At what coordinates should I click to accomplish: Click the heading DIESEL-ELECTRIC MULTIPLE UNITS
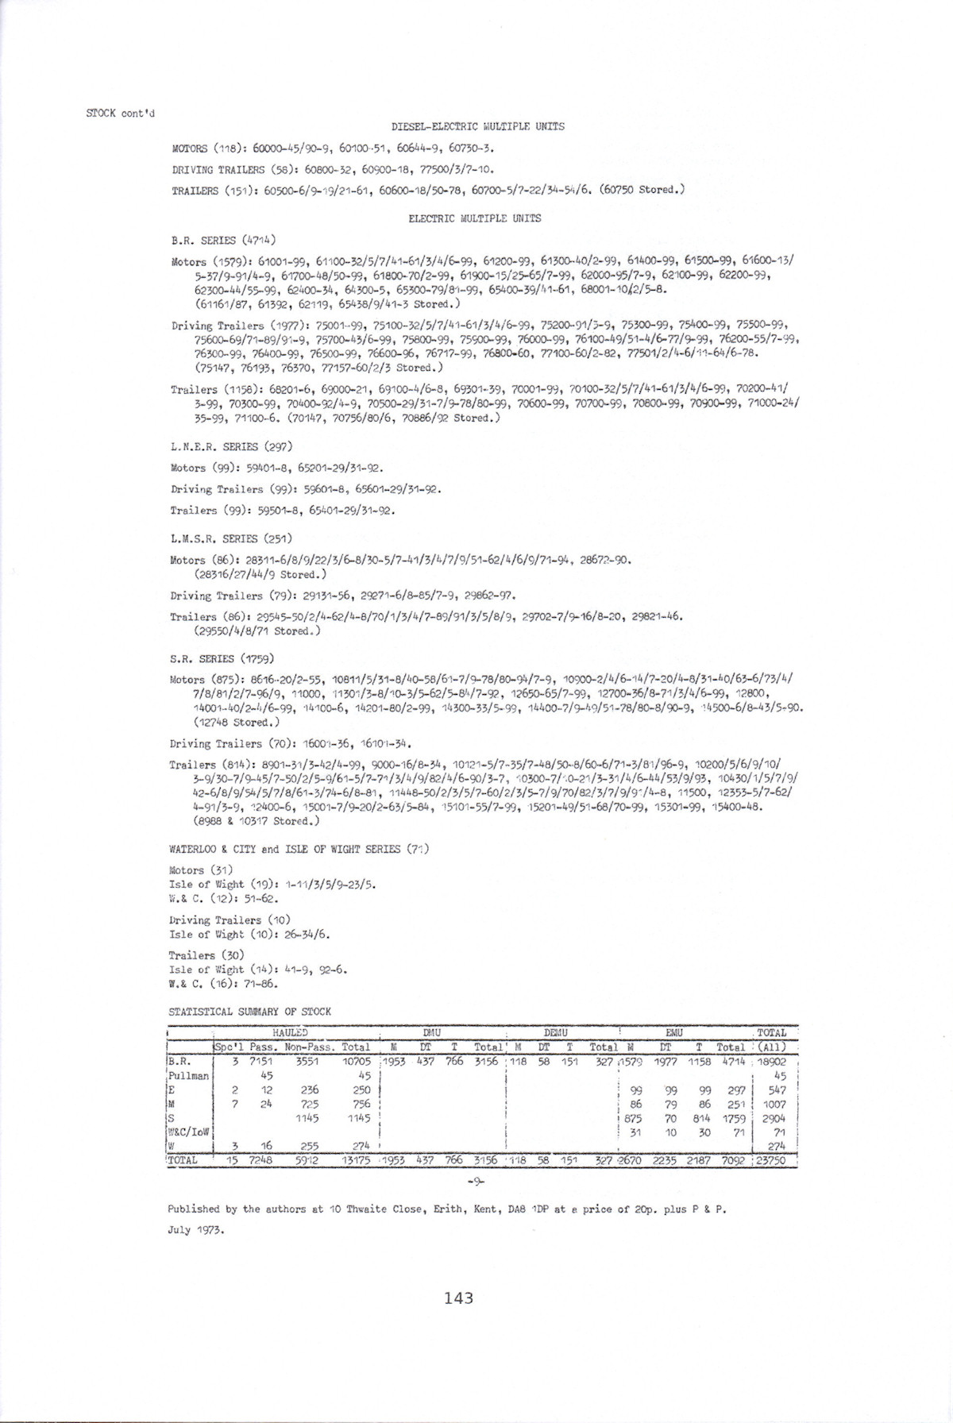tap(478, 126)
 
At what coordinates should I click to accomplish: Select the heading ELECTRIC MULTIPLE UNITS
tap(474, 218)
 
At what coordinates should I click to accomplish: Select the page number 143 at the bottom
tap(459, 1298)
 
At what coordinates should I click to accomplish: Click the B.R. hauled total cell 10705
tap(356, 1061)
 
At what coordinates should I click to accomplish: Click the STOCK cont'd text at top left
tap(121, 112)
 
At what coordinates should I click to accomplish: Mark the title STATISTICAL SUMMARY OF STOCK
tap(250, 1012)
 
